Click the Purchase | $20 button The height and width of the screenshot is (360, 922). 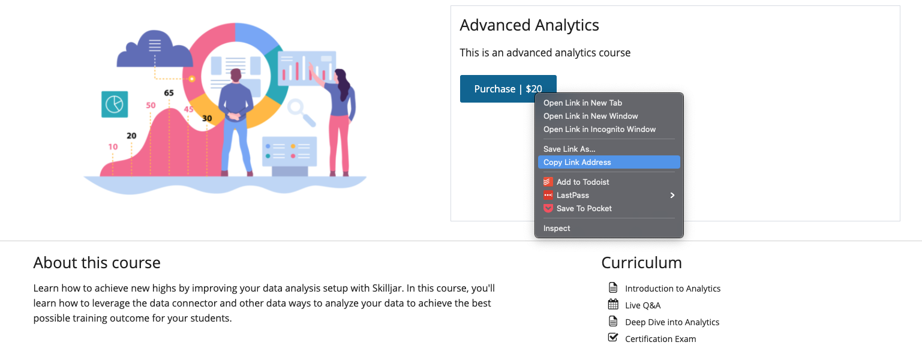508,89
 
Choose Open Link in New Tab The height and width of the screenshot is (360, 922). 582,103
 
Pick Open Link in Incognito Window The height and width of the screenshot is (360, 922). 599,130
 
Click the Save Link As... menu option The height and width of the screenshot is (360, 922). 569,149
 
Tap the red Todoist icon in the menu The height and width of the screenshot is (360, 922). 548,182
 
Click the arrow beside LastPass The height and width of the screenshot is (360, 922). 672,195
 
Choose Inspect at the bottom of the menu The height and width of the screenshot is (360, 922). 557,228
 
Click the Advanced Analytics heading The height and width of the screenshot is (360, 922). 529,25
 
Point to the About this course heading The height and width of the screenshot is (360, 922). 97,263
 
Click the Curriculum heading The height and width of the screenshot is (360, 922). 641,263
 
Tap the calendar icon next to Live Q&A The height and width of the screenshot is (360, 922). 613,304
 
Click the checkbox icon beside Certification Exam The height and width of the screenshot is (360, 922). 613,337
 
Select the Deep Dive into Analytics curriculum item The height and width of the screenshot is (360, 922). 672,322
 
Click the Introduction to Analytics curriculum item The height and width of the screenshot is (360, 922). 672,289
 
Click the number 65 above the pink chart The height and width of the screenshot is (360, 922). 169,93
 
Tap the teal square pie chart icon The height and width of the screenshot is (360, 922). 115,104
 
